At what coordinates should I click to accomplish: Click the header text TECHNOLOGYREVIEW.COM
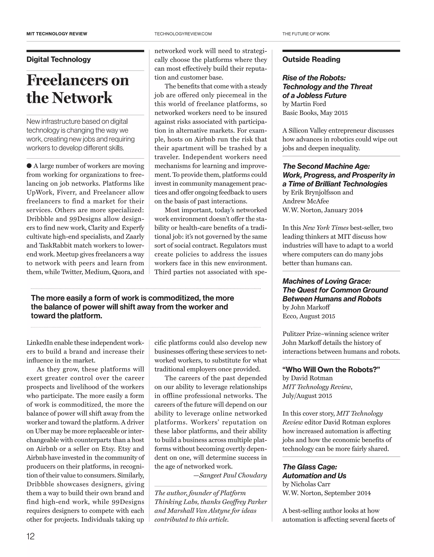tap(183, 34)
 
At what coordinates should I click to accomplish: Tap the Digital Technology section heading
tap(59, 59)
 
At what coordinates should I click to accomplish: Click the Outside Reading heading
tap(311, 59)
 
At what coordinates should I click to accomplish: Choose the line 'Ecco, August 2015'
tap(308, 316)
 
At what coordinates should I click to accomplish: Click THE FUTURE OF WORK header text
tap(306, 34)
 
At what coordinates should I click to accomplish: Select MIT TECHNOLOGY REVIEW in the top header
tap(57, 34)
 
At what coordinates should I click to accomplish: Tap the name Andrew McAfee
tap(306, 201)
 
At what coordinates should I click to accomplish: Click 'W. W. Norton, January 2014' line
tap(322, 210)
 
